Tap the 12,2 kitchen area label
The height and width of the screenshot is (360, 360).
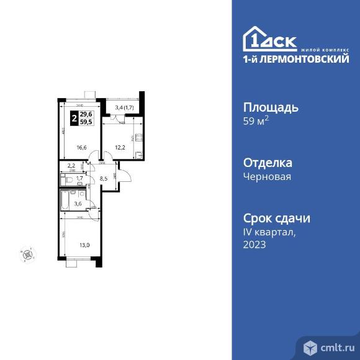pos(120,148)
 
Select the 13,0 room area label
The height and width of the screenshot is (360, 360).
pos(84,245)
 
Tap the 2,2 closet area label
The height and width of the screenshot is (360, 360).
pos(72,166)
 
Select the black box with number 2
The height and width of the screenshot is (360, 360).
pos(75,117)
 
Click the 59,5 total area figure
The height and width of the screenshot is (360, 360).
pos(86,122)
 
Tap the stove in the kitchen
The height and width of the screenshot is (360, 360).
pos(140,138)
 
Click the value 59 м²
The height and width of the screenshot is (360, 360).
pos(256,122)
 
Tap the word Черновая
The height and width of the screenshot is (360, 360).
pos(268,177)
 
